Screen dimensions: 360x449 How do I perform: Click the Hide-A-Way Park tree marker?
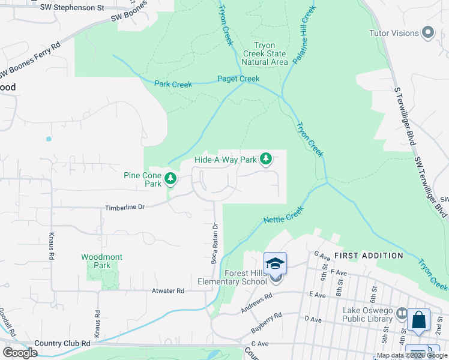coord(265,160)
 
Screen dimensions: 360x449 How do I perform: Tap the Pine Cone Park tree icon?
coord(170,178)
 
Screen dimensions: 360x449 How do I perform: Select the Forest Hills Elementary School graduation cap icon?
coord(275,263)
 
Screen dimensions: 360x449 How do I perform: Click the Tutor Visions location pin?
coord(428,33)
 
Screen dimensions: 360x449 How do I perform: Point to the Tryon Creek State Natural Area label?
coord(264,53)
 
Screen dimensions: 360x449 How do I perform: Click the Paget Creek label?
coord(238,79)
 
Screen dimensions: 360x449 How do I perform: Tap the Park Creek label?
coord(173,85)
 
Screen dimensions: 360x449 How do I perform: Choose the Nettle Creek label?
coord(284,216)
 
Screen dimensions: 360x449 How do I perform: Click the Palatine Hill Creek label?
coord(304,37)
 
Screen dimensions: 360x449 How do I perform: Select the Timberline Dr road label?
coord(125,206)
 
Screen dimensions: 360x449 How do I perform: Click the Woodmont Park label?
coord(102,261)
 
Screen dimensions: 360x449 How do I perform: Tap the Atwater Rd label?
coord(167,290)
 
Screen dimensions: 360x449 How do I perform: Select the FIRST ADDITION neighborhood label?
coord(369,256)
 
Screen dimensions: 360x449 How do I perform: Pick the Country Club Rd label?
coord(62,343)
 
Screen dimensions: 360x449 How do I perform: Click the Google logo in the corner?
coord(20,353)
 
